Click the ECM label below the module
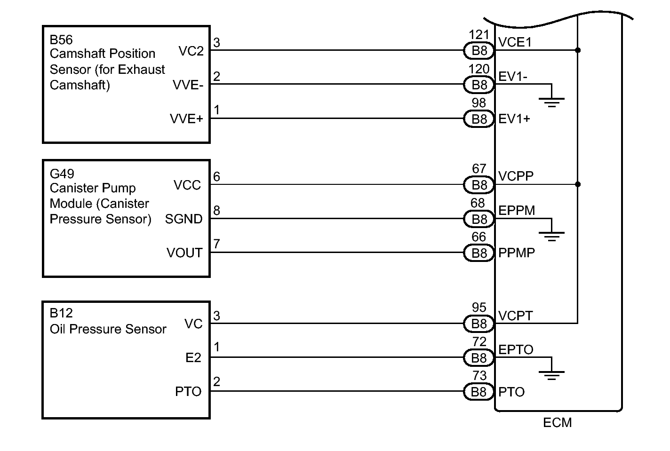557,423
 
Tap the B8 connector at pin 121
479,50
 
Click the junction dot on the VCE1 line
578,50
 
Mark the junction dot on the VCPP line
578,184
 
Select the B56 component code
61,40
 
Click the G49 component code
62,174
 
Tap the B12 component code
61,313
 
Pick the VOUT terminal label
184,253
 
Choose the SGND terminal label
183,219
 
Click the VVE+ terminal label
186,119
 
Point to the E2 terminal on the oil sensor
193,357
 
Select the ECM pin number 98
479,103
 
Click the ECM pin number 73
479,375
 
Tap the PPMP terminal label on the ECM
517,253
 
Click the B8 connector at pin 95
479,324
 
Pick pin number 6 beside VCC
216,177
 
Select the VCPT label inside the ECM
515,316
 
